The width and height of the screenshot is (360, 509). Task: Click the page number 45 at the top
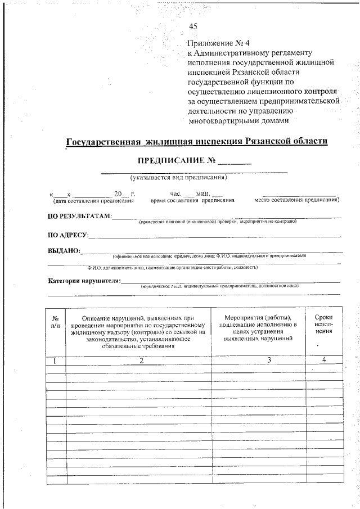[x=193, y=26]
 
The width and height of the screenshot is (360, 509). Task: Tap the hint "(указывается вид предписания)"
[x=178, y=178]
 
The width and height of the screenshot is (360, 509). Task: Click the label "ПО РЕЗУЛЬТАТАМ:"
[x=79, y=217]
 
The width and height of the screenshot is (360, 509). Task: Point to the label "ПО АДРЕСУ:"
[x=67, y=235]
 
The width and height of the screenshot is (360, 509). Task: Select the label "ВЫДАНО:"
[x=64, y=251]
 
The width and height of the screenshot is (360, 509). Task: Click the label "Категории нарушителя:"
[x=84, y=281]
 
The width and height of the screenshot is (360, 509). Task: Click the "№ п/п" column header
[x=56, y=322]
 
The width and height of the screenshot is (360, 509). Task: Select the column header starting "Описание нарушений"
[x=138, y=332]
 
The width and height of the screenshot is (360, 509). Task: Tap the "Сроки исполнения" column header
[x=323, y=324]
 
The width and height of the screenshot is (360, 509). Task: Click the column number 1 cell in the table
[x=56, y=360]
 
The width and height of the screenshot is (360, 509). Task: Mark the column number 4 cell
[x=324, y=360]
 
